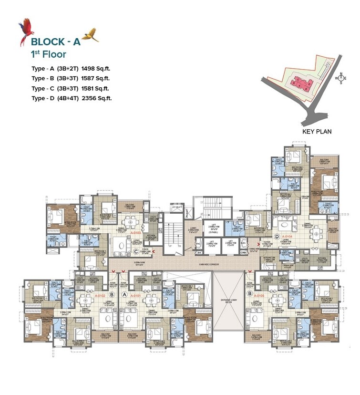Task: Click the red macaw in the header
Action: pyautogui.click(x=24, y=33)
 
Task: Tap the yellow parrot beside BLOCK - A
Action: pyautogui.click(x=91, y=35)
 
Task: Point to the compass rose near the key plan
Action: pyautogui.click(x=341, y=78)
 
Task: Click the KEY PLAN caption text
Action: pyautogui.click(x=317, y=132)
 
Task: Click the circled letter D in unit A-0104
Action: pyautogui.click(x=276, y=236)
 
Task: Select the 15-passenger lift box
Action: pyautogui.click(x=210, y=230)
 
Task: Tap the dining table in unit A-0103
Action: pyautogui.click(x=128, y=222)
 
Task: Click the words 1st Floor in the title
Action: pyautogui.click(x=49, y=54)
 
